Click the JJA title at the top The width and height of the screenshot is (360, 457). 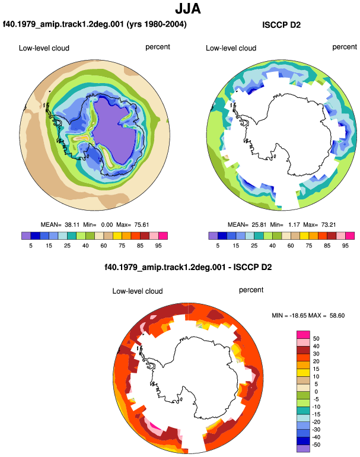point(188,8)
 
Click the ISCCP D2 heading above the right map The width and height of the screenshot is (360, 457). point(281,25)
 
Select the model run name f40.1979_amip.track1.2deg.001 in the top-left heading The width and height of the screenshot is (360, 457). point(63,24)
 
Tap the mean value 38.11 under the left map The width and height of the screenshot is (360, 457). point(72,225)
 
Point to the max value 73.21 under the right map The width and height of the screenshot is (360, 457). point(328,225)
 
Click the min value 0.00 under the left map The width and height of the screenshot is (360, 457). point(107,225)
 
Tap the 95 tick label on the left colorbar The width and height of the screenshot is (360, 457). point(158,246)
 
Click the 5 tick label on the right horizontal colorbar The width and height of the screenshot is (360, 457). point(218,246)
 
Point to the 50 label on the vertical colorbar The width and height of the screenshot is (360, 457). point(316,338)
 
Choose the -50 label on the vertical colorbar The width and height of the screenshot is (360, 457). point(316,445)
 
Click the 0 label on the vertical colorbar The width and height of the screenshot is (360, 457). point(316,392)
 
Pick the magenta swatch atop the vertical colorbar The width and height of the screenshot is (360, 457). point(303,334)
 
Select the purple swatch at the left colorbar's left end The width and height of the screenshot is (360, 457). point(26,236)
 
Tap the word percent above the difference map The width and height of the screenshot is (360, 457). point(251,290)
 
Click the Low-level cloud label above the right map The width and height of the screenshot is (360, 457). point(231,48)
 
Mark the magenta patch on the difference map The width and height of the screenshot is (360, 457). point(154,426)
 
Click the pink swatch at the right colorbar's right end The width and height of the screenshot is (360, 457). point(350,236)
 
